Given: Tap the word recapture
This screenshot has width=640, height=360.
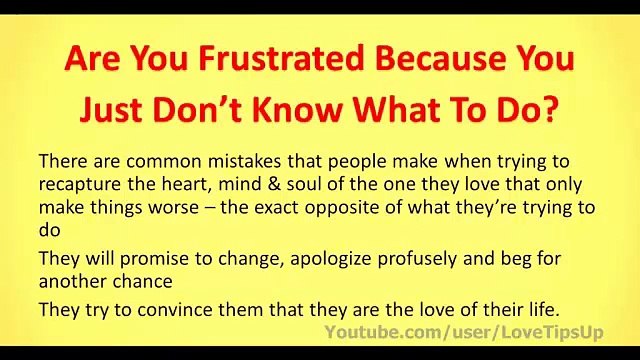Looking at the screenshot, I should (x=77, y=184).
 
